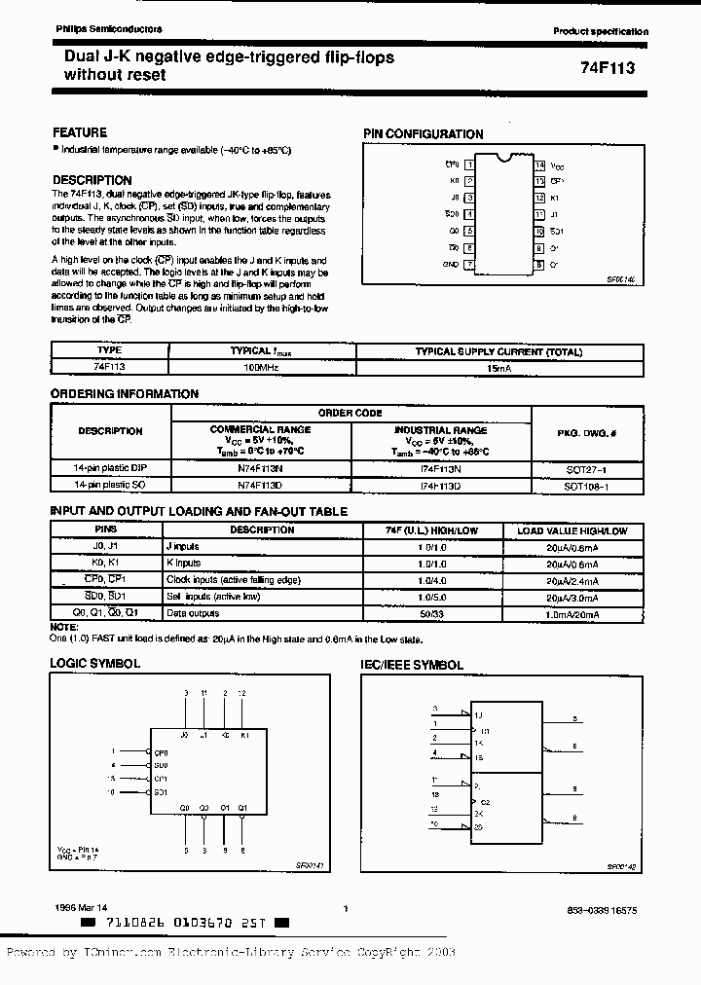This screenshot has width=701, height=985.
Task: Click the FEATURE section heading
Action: (x=79, y=132)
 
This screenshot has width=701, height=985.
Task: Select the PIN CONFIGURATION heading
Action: (x=423, y=134)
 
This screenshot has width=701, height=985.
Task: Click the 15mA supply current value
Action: (x=498, y=369)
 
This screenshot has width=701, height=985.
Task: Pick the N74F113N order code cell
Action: (x=260, y=468)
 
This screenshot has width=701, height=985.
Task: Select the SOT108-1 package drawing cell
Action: (x=592, y=484)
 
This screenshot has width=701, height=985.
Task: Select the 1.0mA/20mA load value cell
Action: (x=572, y=613)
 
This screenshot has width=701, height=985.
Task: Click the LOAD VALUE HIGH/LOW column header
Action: (x=572, y=530)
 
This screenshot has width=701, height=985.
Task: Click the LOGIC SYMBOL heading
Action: (x=94, y=664)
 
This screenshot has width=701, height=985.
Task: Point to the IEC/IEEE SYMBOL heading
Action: (x=413, y=666)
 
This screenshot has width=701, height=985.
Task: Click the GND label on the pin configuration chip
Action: (x=450, y=264)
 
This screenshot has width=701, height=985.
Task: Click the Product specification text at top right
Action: (x=600, y=32)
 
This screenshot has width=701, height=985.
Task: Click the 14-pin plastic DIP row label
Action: (x=110, y=468)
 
